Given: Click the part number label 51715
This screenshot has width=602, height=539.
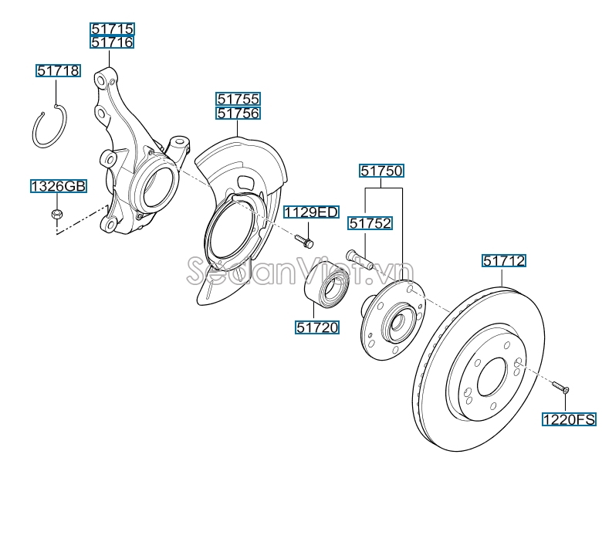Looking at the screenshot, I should click(x=112, y=29).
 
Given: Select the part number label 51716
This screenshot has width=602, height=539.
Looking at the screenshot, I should click(x=112, y=42).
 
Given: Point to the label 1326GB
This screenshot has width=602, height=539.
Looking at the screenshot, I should click(x=59, y=186).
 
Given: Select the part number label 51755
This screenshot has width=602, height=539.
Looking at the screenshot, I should click(x=238, y=99).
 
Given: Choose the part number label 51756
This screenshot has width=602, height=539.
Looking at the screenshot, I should click(x=238, y=114).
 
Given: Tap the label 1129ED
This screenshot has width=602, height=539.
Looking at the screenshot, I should click(x=310, y=212).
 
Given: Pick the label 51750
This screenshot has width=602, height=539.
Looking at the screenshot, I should click(x=381, y=171).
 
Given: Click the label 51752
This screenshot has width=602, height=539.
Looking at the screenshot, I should click(x=370, y=224).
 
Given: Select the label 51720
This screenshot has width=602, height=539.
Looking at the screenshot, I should click(x=316, y=327).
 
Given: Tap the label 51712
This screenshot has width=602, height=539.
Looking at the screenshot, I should click(x=504, y=261).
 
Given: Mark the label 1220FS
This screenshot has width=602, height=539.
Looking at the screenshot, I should click(x=569, y=420).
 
